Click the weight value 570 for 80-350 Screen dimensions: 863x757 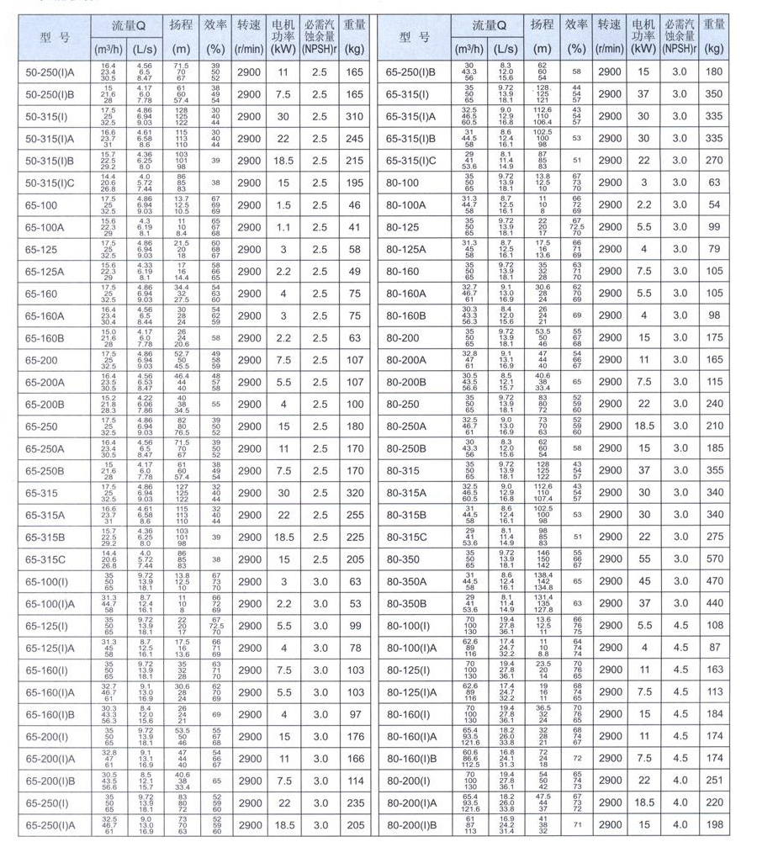tap(714, 559)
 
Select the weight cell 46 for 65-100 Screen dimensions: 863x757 tap(354, 204)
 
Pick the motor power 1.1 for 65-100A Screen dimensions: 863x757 tap(283, 226)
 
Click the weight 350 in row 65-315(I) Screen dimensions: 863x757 tap(714, 94)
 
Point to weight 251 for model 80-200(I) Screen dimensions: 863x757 tap(714, 781)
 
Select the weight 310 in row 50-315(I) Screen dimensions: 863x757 tap(354, 116)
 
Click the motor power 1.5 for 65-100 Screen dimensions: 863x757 tap(283, 204)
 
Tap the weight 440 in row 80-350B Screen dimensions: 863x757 tap(714, 602)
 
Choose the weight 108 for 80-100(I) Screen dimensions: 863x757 tap(714, 625)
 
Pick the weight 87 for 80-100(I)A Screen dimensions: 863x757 tap(714, 647)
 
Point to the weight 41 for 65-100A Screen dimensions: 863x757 tap(354, 226)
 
